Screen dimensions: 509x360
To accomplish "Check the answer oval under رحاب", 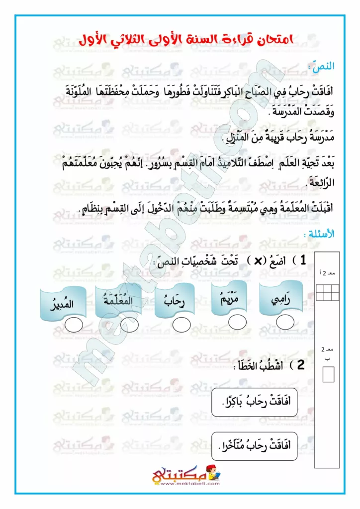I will (181, 325).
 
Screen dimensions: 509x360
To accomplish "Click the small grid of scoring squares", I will (328, 290).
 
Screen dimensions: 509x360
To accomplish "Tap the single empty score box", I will (328, 374).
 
